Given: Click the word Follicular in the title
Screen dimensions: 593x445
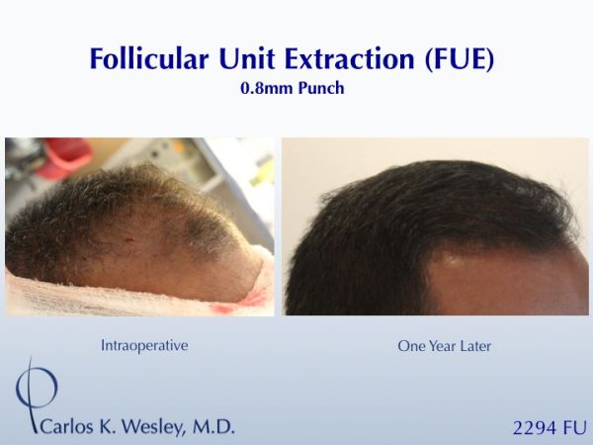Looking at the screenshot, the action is pos(149,58).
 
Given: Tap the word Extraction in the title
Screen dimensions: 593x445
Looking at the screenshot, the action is pos(350,58).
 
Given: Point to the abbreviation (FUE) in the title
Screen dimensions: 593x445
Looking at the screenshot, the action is pos(460,59).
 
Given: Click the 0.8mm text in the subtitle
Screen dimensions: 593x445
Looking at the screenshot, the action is pos(267,88).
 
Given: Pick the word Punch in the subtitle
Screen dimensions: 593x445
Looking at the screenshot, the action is pos(321,88).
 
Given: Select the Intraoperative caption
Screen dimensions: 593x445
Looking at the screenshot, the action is pos(144,345).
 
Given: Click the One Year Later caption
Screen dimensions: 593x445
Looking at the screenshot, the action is pos(444,346).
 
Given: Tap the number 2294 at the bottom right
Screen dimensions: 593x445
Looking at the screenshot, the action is pos(535,428).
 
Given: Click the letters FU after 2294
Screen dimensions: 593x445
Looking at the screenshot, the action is pos(575,428).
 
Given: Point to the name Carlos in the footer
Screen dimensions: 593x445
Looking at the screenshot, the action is pos(66,426).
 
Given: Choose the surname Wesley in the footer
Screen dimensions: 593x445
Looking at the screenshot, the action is pos(154,427).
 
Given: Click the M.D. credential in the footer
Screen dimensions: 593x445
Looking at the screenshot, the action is pos(213,426).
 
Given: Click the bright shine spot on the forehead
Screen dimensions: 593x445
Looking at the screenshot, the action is pos(453,260).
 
